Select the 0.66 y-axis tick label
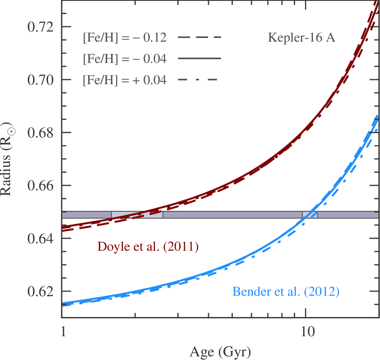pos(40,186)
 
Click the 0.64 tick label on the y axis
pos(40,239)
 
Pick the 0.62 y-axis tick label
pos(40,292)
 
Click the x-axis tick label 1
pos(63,331)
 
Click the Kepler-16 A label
pos(301,38)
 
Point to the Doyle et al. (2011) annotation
pos(148,247)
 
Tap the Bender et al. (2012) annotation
pos(286,291)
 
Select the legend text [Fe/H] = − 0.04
pos(124,59)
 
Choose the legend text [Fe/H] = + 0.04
pos(124,81)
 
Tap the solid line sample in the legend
pos(199,59)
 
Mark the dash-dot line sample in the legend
pos(199,81)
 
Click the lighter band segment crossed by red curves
pos(137,215)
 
